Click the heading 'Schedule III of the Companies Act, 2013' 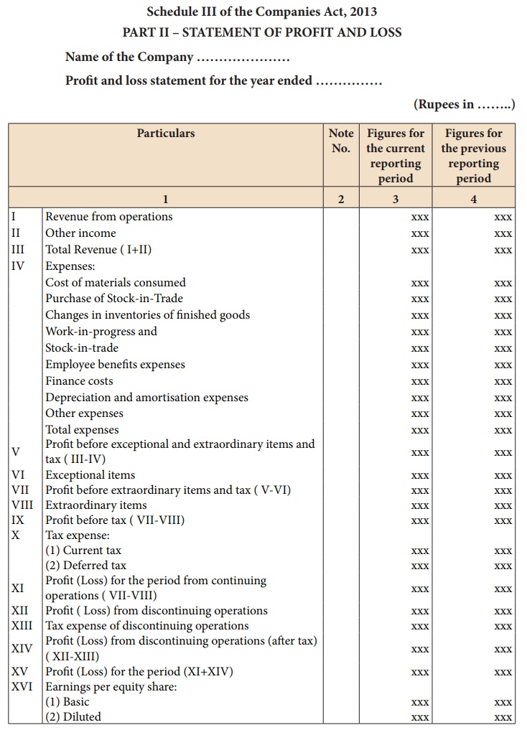point(262,11)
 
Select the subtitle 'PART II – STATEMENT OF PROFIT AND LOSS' point(262,32)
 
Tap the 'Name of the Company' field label point(129,57)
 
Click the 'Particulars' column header point(166,133)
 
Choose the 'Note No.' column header point(341,141)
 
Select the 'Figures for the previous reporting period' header point(473,156)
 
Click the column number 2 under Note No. point(341,199)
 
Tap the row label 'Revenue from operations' point(109,216)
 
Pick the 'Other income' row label point(80,233)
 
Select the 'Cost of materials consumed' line point(116,282)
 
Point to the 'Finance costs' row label point(79,381)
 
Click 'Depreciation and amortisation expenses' point(146,398)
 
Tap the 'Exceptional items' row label point(90,474)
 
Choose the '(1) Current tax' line point(83,551)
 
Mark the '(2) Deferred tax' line point(85,566)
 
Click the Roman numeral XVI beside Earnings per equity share point(22,686)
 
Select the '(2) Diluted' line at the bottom point(73,716)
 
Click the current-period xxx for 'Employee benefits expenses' point(420,365)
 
